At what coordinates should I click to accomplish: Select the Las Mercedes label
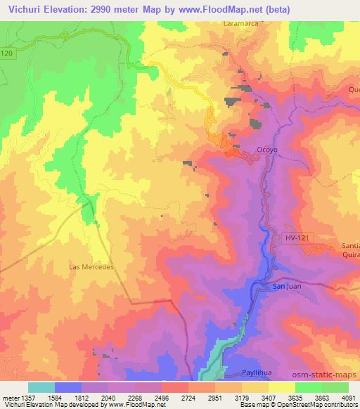coord(91,267)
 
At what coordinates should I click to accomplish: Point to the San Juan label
coord(287,287)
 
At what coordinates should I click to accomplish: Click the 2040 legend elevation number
coord(110,398)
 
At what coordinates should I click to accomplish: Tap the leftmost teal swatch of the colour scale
coord(41,387)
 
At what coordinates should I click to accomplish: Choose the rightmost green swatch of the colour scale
coord(335,387)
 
